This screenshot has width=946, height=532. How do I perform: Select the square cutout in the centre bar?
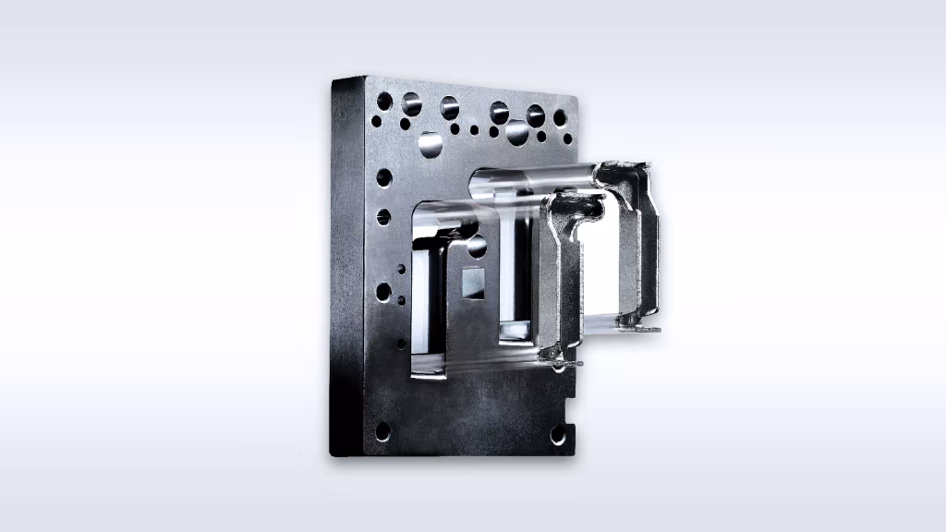[473, 284]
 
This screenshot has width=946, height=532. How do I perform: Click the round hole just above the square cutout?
[477, 247]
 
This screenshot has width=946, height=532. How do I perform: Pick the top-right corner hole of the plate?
[560, 117]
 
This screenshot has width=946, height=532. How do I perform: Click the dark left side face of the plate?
[346, 268]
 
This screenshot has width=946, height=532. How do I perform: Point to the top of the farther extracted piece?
[625, 172]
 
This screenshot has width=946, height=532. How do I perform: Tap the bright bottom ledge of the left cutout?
[426, 370]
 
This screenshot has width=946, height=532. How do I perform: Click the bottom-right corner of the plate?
[574, 453]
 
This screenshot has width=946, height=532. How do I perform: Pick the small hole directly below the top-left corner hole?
[377, 120]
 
